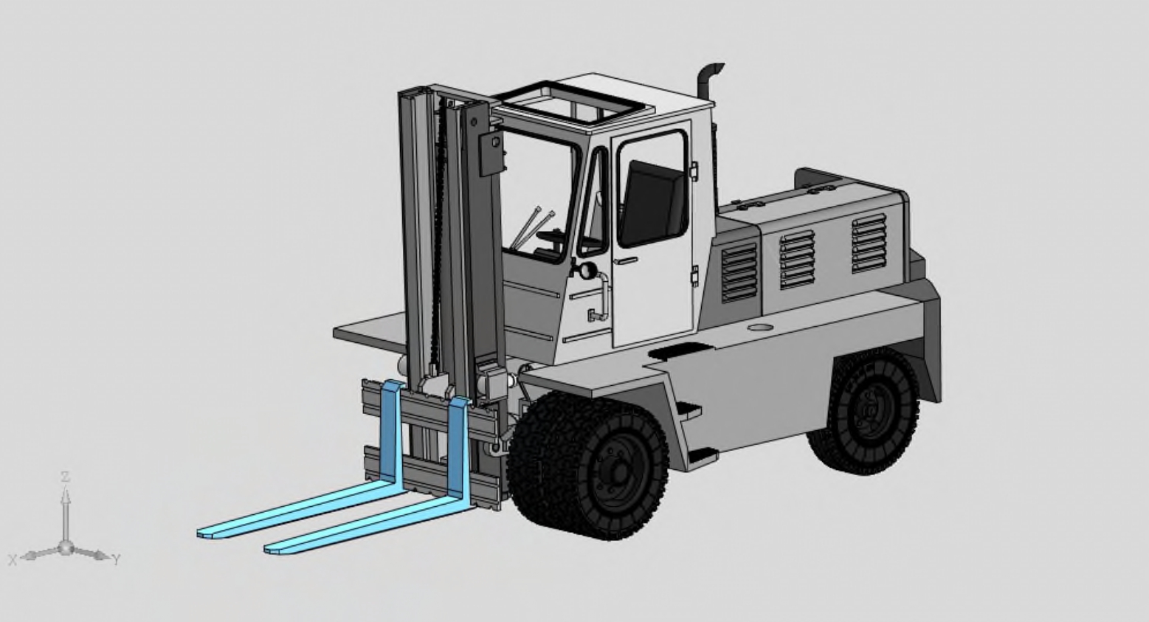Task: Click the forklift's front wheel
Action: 588,465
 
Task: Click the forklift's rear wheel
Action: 864,411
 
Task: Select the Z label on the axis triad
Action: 65,477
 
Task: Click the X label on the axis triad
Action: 13,559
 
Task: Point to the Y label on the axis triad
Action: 117,559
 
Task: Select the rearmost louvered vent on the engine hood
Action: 869,243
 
